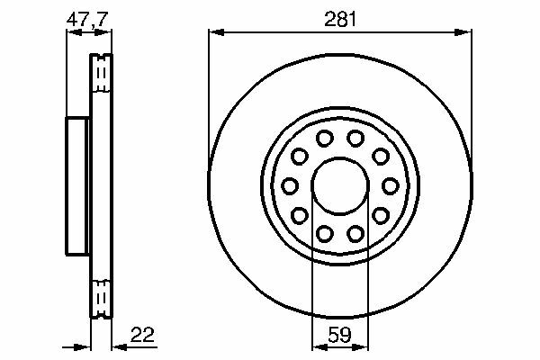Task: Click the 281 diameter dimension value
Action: pyautogui.click(x=340, y=20)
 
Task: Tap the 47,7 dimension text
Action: pyautogui.click(x=87, y=19)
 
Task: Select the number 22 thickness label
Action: pyautogui.click(x=142, y=335)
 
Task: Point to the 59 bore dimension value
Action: pyautogui.click(x=340, y=335)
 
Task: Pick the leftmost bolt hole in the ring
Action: pyautogui.click(x=290, y=186)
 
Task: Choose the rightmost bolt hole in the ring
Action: pyautogui.click(x=391, y=186)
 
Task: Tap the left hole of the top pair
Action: pyautogui.click(x=324, y=139)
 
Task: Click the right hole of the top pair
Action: pyautogui.click(x=355, y=139)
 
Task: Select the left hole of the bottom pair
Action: pyautogui.click(x=324, y=234)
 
